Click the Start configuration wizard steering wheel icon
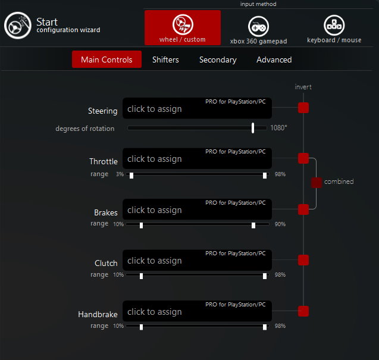[x=18, y=26]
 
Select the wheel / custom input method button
[x=183, y=27]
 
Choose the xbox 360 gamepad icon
[x=258, y=26]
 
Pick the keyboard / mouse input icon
[x=334, y=25]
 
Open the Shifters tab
[x=165, y=60]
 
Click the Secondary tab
[x=218, y=60]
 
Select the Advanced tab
[x=274, y=60]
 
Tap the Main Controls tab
[x=107, y=60]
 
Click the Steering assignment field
[x=197, y=108]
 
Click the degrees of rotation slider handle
[x=253, y=128]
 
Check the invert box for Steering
[x=303, y=108]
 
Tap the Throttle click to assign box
[x=197, y=158]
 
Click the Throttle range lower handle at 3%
[x=131, y=176]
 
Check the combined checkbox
[x=317, y=183]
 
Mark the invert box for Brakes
[x=303, y=209]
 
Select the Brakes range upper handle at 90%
[x=253, y=226]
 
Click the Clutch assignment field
[x=197, y=260]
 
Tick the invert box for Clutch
[x=303, y=260]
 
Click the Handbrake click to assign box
[x=197, y=311]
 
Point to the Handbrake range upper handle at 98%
[x=265, y=327]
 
